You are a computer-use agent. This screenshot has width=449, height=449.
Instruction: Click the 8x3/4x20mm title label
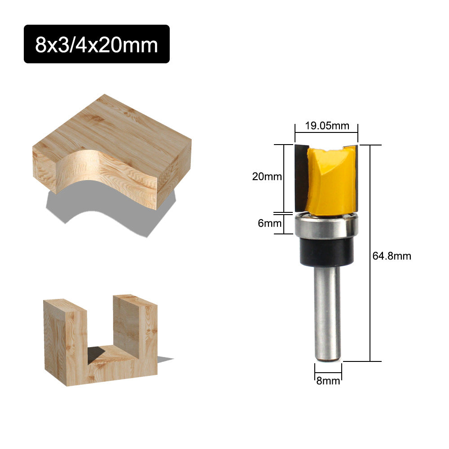click(97, 44)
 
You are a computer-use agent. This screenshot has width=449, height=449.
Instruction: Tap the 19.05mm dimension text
click(327, 126)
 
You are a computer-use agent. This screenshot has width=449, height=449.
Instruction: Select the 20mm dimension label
click(267, 176)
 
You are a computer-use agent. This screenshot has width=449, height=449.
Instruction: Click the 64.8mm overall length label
click(392, 256)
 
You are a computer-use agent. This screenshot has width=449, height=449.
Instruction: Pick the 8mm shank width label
click(328, 382)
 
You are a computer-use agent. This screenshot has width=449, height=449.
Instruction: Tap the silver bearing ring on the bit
click(326, 226)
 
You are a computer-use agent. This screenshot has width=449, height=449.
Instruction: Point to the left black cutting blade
click(300, 177)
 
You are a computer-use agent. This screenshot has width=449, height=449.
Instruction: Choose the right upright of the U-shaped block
click(135, 332)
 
